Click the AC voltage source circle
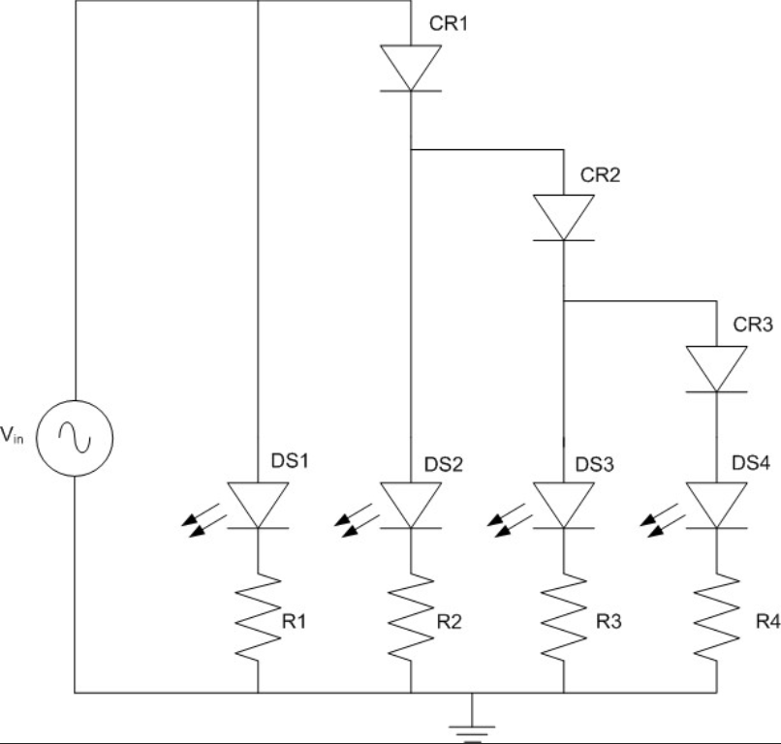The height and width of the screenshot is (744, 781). [x=75, y=438]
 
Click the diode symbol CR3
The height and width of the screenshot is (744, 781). [x=716, y=369]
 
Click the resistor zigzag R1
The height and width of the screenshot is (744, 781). [x=258, y=616]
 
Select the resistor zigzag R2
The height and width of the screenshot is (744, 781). [x=411, y=616]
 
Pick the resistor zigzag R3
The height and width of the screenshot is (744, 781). [x=563, y=616]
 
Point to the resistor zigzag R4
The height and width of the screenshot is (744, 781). [x=716, y=616]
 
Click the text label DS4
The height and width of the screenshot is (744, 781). [x=752, y=465]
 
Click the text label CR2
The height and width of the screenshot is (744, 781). [x=600, y=175]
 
